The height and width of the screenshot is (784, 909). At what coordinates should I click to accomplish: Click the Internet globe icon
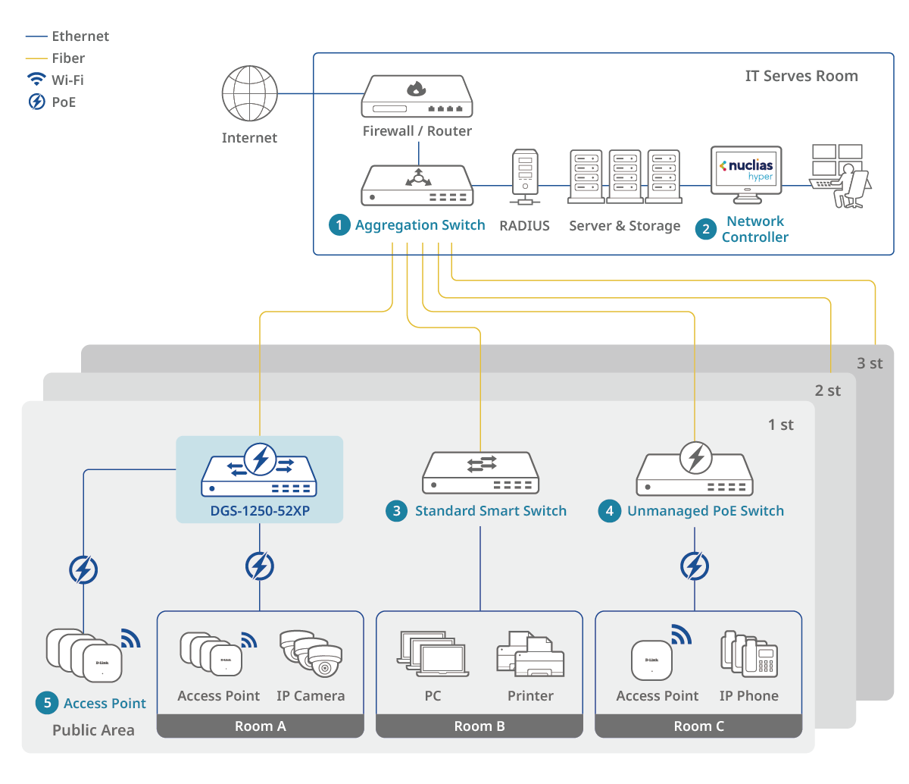[249, 93]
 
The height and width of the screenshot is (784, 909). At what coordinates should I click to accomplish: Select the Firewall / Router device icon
[417, 96]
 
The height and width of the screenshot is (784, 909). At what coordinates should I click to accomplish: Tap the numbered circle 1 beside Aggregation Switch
[339, 225]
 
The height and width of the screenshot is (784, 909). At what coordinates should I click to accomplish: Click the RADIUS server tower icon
[525, 176]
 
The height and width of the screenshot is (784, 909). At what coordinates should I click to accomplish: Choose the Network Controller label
[754, 229]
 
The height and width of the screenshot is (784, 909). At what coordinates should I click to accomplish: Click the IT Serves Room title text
[801, 76]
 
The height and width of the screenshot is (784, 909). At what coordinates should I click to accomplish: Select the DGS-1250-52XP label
[260, 511]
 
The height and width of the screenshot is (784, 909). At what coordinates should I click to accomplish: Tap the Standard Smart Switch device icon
[480, 474]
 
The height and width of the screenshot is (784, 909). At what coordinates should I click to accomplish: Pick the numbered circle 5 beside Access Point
[47, 703]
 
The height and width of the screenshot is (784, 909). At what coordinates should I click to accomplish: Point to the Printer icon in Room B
[530, 655]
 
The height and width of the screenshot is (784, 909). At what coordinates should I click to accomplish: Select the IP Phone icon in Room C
[749, 654]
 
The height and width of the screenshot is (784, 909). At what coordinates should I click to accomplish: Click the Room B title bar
[479, 726]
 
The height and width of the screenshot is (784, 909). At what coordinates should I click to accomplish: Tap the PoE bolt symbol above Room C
[695, 566]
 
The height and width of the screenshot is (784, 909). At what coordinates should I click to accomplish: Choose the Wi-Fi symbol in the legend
[36, 80]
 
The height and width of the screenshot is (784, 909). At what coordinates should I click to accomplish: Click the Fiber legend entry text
[68, 58]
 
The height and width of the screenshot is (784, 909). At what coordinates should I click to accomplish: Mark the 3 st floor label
[870, 363]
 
